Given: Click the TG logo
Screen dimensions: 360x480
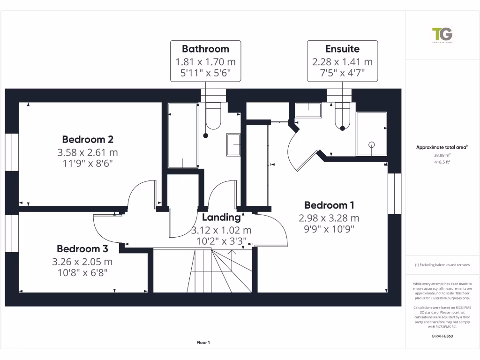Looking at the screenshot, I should tap(442, 35).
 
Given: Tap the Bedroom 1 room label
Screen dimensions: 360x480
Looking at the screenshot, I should tap(329, 205).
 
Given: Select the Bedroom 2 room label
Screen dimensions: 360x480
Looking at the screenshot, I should tap(88, 140).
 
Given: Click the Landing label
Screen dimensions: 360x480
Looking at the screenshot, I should tap(221, 217).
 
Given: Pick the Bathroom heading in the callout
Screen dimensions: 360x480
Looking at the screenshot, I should tap(205, 49).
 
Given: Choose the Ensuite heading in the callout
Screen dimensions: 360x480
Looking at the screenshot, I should tap(342, 49).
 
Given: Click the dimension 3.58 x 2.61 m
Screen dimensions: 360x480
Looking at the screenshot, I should tap(88, 152).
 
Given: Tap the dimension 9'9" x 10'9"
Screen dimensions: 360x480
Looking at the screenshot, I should tap(329, 229).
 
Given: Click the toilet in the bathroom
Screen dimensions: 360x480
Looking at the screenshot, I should tap(213, 117).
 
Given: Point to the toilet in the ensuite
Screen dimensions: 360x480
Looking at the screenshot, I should tap(343, 117).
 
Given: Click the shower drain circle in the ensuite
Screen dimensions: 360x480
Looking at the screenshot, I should tap(372, 145).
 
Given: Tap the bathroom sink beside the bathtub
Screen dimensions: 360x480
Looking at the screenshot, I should tap(233, 144).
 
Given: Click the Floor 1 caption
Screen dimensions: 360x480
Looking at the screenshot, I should tap(203, 343).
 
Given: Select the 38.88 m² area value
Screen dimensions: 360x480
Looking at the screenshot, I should tap(442, 155).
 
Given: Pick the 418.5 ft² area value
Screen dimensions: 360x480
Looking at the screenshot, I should tap(442, 162).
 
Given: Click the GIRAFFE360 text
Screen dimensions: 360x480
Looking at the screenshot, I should tap(442, 336).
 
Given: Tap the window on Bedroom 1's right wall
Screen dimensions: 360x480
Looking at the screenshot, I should tap(395, 193).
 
